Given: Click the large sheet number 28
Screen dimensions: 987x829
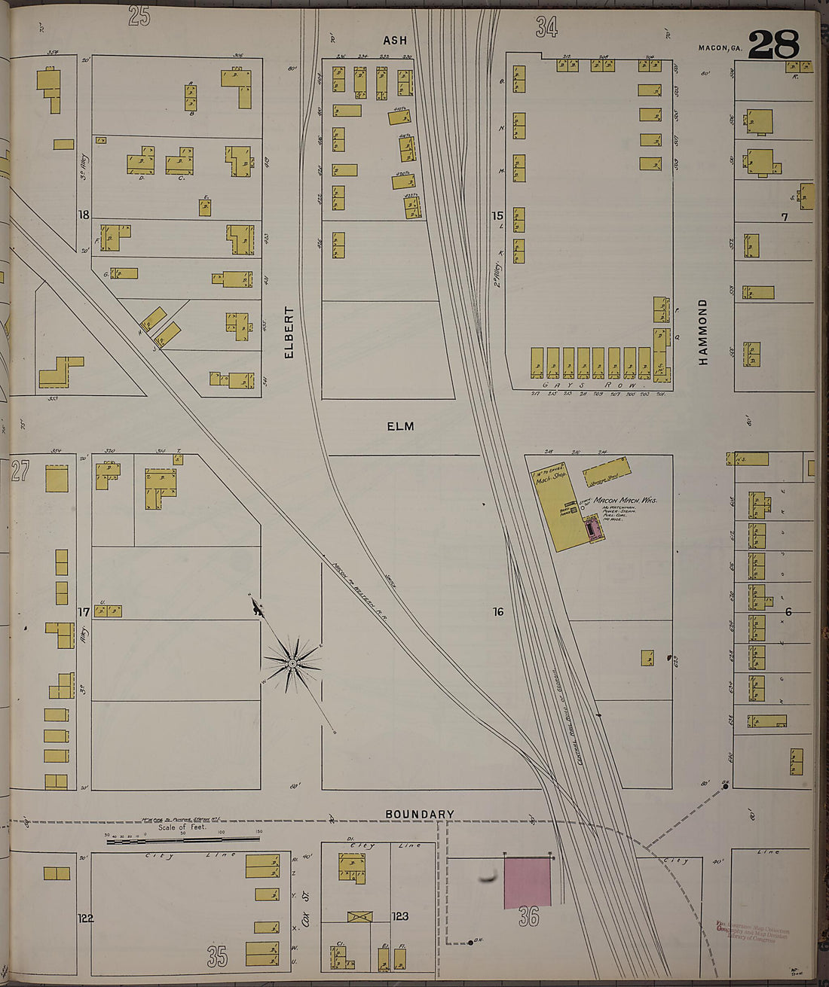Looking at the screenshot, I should [x=773, y=44].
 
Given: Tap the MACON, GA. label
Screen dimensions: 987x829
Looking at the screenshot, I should [x=720, y=48].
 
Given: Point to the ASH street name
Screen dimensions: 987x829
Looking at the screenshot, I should [x=394, y=41].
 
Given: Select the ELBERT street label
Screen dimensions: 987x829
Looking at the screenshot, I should [x=289, y=331].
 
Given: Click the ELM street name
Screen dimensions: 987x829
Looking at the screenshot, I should [x=400, y=426].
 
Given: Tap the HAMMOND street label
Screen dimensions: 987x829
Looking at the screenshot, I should [x=703, y=332].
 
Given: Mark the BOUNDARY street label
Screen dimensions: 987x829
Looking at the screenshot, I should [x=419, y=814].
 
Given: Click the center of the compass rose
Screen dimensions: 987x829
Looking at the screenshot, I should [x=292, y=663].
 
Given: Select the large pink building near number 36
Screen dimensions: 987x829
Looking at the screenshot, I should [x=528, y=882].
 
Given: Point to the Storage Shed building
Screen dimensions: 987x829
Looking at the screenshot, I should [x=607, y=471].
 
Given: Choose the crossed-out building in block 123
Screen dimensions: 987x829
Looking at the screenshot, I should [x=359, y=917].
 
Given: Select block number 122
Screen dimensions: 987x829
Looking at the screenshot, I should [x=85, y=918].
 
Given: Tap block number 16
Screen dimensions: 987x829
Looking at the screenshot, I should [x=497, y=612].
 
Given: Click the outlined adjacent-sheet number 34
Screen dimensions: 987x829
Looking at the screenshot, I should [x=546, y=27].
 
